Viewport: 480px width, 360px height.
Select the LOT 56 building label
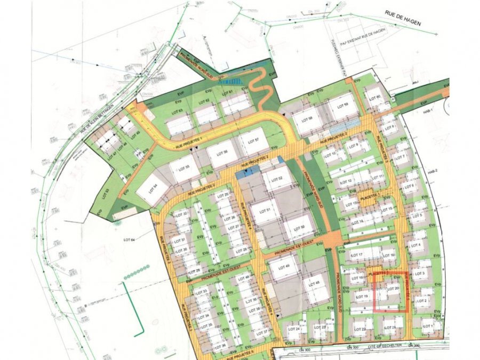click(217, 152)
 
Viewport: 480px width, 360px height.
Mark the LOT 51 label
click(265, 210)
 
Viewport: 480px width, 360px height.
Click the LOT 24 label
click(294, 329)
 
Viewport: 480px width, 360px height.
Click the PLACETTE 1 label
click(371, 196)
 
